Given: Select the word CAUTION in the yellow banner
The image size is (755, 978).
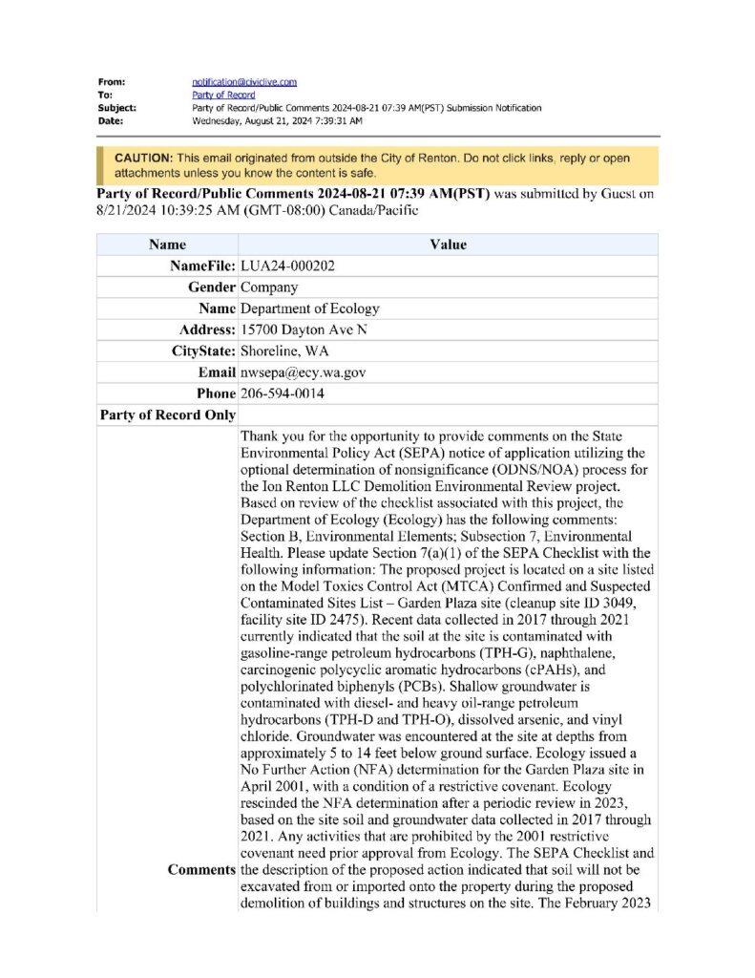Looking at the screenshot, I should (142, 157).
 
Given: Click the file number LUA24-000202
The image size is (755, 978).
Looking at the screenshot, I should (287, 266).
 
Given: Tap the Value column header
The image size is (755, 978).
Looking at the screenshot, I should (448, 244).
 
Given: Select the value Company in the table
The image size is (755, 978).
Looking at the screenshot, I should (269, 287).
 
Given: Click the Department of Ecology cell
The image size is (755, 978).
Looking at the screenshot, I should (310, 308).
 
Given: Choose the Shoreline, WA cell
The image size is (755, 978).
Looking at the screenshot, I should (284, 351).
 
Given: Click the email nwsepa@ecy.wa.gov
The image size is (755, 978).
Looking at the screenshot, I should (304, 372).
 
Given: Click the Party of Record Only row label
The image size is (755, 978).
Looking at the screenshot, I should (167, 415).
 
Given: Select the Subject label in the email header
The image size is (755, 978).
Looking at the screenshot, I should (116, 109).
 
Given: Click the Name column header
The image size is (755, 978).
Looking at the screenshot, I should (167, 244).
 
